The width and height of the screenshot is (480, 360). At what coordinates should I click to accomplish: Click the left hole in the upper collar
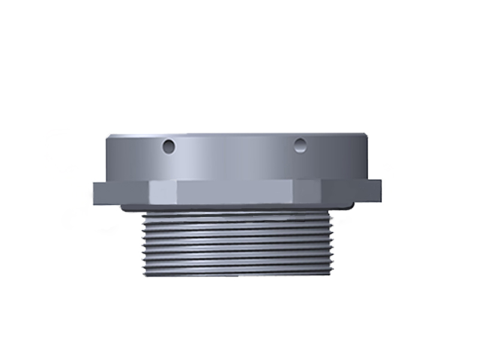coord(170,146)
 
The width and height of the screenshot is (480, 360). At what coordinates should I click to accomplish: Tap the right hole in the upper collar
coord(300,144)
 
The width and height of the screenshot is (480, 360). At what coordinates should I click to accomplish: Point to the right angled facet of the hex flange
coord(309,192)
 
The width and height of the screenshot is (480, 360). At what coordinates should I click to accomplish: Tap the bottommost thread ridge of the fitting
coord(236,272)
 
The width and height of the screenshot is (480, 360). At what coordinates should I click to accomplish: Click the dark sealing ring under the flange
coord(236,208)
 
